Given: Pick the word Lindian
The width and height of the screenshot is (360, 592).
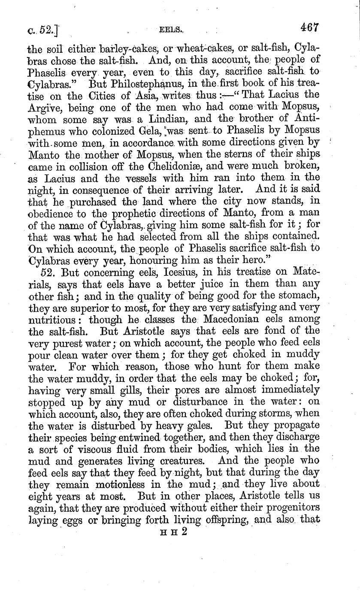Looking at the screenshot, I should (162, 118).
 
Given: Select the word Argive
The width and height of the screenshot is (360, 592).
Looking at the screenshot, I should (45, 106).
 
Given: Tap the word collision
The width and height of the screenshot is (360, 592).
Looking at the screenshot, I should (94, 165).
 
